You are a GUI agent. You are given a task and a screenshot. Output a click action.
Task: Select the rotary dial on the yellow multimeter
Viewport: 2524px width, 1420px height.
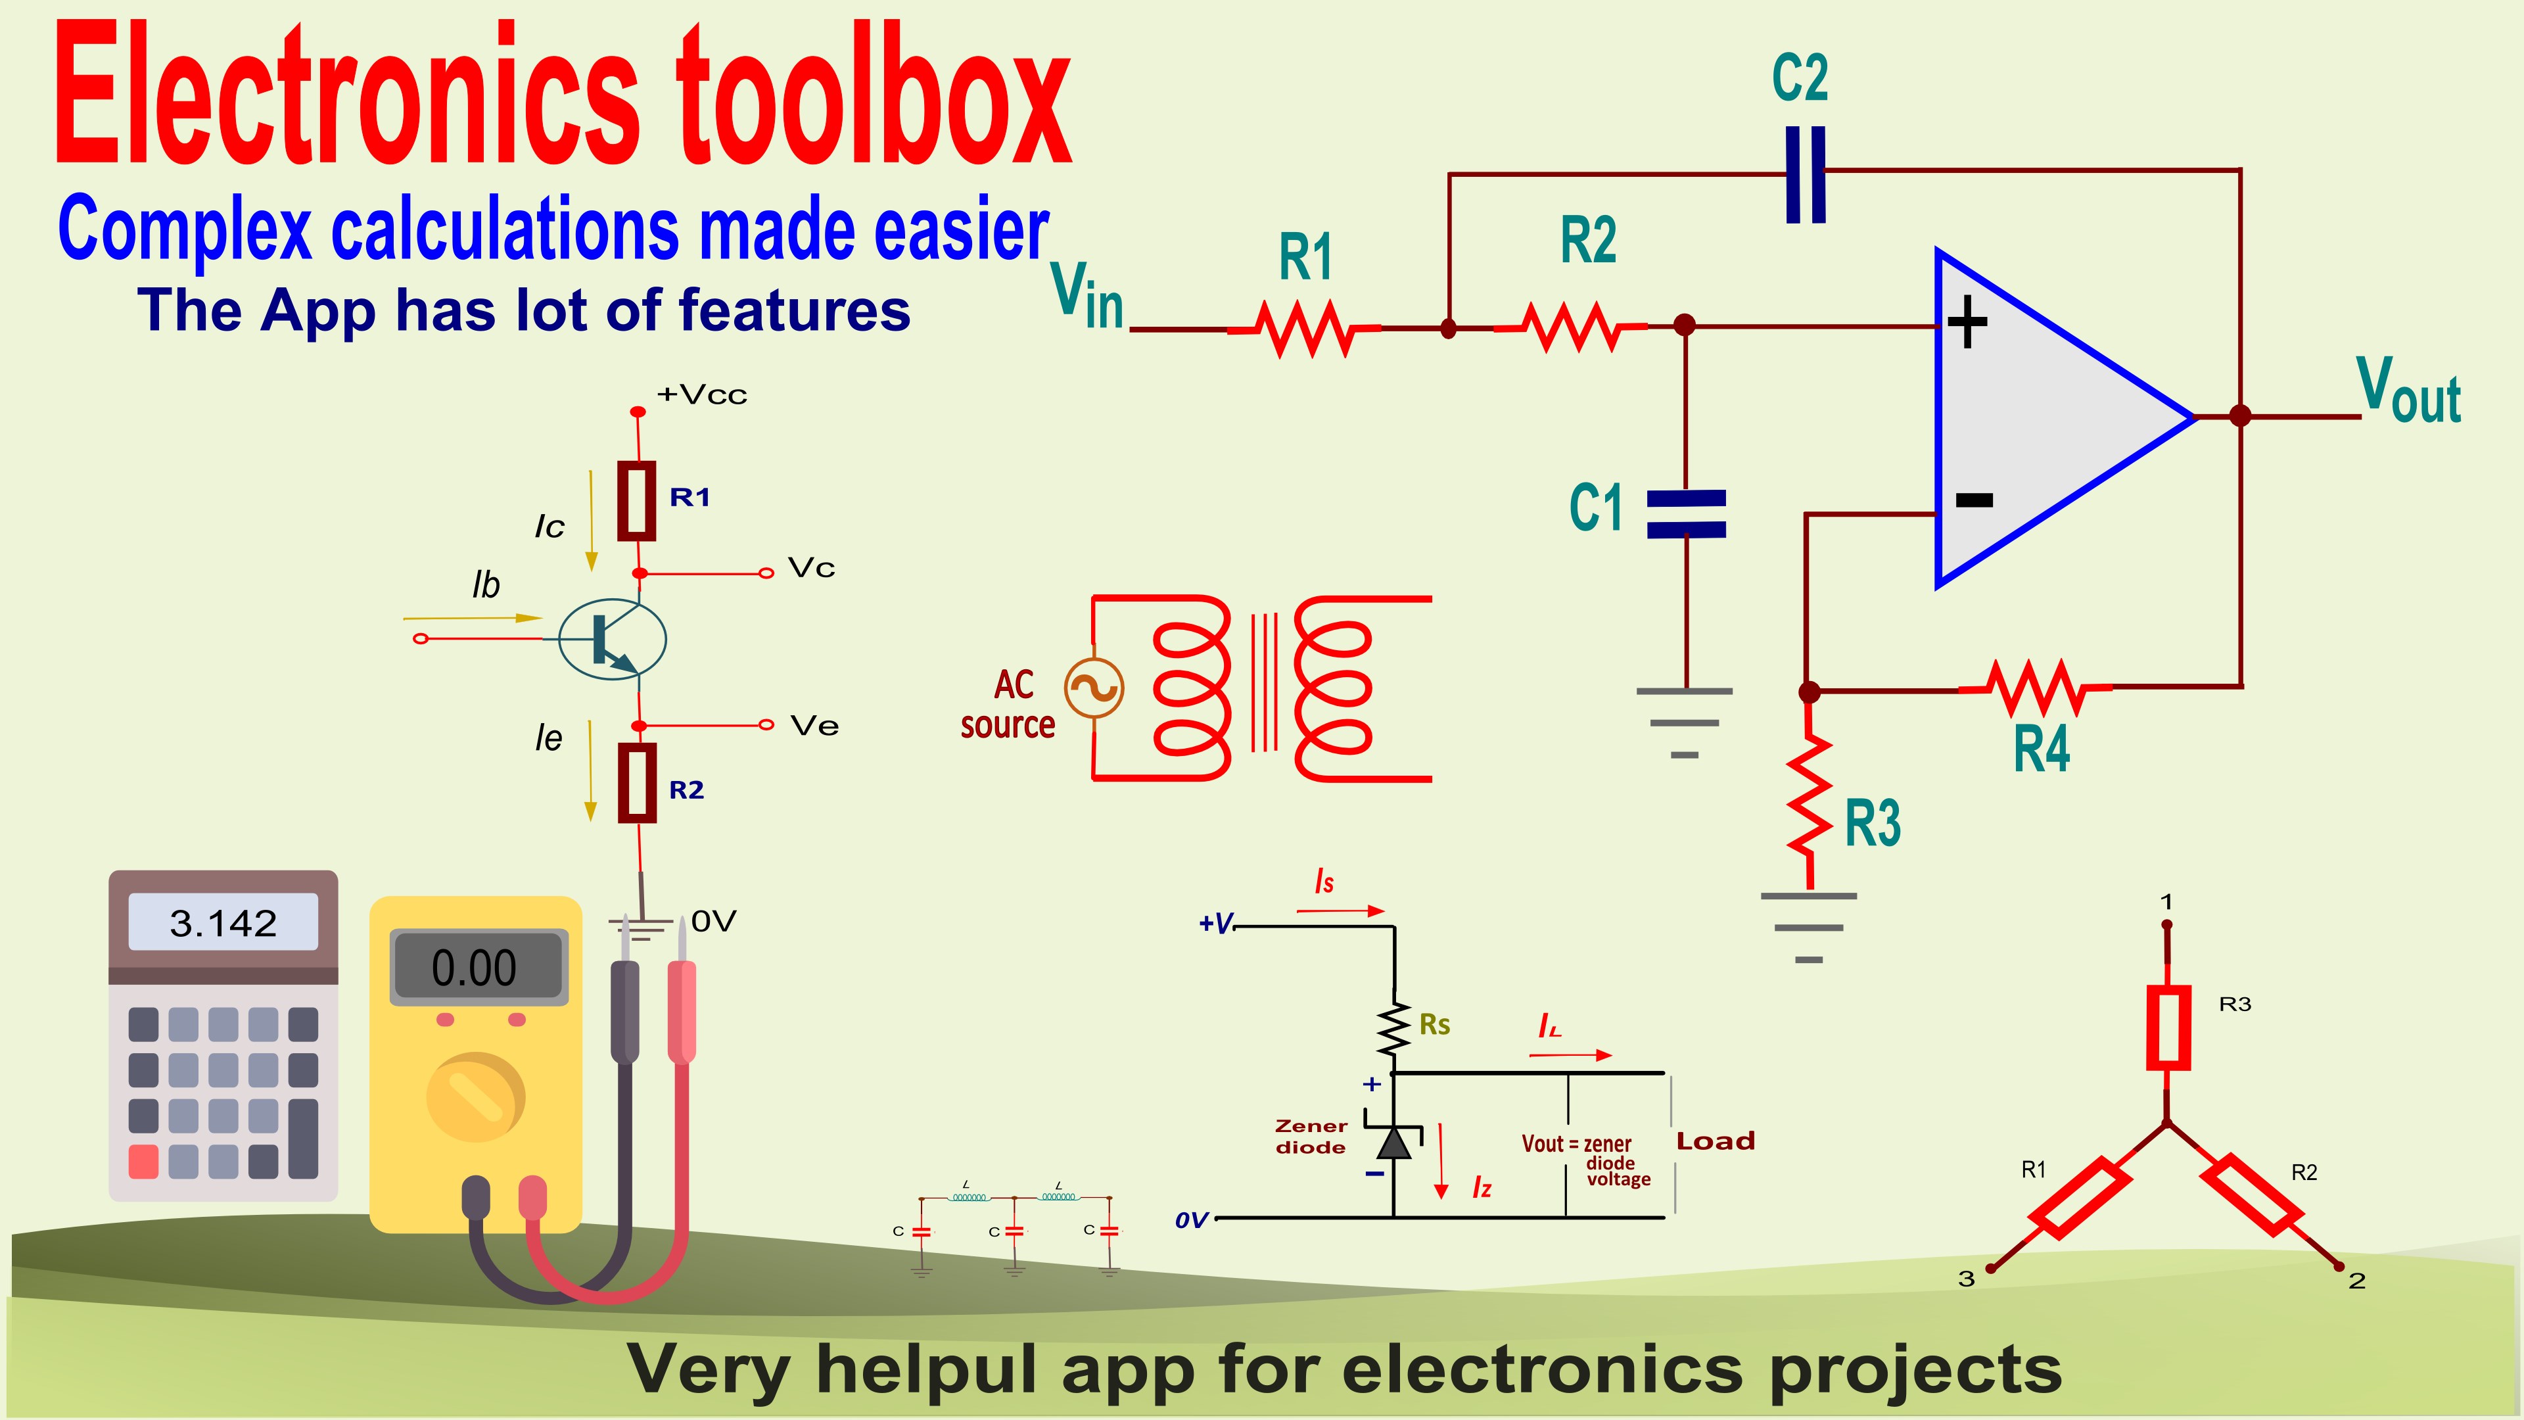click(x=476, y=1097)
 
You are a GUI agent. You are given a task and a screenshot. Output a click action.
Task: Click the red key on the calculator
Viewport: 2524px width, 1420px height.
click(x=143, y=1161)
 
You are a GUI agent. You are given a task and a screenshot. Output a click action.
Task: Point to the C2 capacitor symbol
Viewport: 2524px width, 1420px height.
click(x=1805, y=174)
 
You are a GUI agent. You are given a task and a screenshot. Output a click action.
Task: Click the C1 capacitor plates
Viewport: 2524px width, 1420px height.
click(x=1685, y=515)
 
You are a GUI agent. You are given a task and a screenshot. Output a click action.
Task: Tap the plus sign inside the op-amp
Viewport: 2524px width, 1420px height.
click(x=1967, y=322)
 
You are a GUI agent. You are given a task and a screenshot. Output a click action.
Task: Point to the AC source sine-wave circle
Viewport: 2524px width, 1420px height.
click(x=1094, y=688)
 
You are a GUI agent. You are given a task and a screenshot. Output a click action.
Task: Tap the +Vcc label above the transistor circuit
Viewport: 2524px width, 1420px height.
click(x=701, y=395)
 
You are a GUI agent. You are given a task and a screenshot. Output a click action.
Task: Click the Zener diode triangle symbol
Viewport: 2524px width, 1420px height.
click(x=1393, y=1143)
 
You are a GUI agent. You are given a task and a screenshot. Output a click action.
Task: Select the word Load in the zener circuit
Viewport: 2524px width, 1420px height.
click(x=1715, y=1141)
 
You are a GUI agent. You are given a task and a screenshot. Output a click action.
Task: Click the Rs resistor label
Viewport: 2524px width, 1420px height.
click(x=1434, y=1025)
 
